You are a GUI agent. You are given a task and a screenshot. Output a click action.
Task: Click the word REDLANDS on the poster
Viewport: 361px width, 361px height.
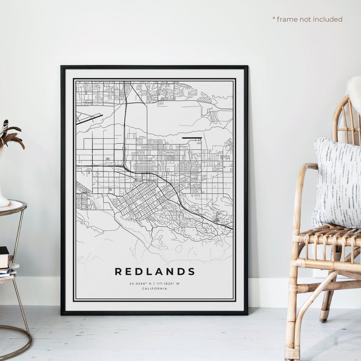point(155,272)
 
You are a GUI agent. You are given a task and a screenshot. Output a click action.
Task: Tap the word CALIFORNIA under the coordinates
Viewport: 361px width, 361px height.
point(155,289)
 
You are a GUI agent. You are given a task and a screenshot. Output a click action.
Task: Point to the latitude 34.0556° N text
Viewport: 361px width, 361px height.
point(140,284)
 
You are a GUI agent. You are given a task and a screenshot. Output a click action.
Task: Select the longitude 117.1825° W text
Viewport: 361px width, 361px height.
point(169,284)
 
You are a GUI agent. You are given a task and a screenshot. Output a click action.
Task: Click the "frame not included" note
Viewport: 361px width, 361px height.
point(309,19)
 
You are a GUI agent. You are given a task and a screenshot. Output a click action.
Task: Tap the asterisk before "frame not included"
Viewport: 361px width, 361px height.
point(274,19)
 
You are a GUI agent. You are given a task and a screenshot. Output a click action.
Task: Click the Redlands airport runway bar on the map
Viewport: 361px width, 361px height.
point(192,137)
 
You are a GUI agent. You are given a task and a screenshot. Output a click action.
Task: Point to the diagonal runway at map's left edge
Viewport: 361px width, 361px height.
point(89,119)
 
